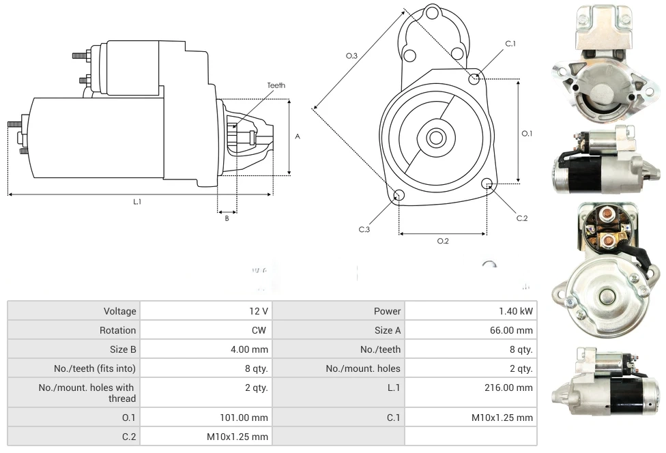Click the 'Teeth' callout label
point(276,85)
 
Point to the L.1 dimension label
point(137,201)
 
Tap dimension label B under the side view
point(227,218)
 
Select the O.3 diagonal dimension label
point(351,56)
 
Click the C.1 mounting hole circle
point(474,79)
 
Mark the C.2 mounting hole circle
point(487,184)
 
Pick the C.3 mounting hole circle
point(400,196)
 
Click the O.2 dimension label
point(442,240)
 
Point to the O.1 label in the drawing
point(527,134)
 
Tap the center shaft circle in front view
point(435,138)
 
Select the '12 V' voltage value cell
point(259,311)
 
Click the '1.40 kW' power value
point(515,311)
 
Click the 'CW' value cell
point(262,330)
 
